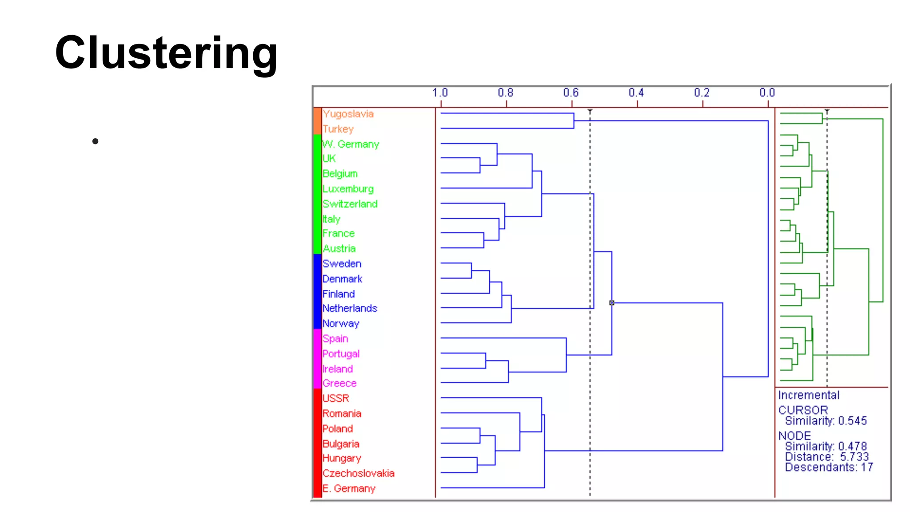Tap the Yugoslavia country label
click(x=348, y=114)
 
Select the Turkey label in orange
click(x=338, y=129)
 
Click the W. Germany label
click(x=351, y=144)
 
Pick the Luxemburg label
click(x=348, y=189)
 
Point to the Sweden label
click(x=342, y=264)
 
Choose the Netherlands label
click(x=350, y=308)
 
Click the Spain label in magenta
click(x=335, y=339)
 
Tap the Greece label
click(x=339, y=383)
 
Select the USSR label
click(x=335, y=398)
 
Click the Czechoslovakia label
click(x=358, y=473)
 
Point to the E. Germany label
click(x=349, y=488)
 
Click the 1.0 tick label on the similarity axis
click(x=440, y=93)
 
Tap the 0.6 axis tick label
click(x=571, y=93)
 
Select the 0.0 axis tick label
click(x=767, y=93)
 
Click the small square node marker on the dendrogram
click(x=612, y=303)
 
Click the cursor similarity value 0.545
click(x=852, y=421)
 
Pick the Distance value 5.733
click(x=854, y=457)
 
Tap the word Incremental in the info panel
click(x=809, y=395)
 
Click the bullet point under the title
click(x=95, y=141)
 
